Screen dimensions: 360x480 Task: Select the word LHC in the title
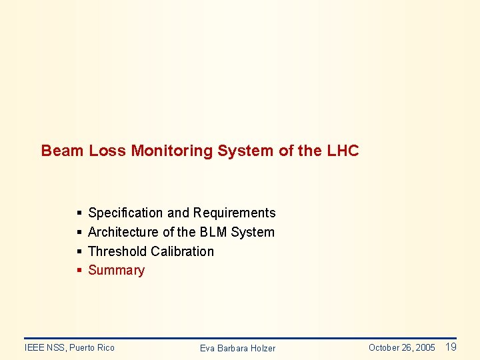(343, 151)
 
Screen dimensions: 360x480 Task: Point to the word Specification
(125, 213)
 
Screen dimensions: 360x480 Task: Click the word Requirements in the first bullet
(234, 213)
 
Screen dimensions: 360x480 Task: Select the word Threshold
(117, 251)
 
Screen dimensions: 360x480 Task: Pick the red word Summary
(116, 270)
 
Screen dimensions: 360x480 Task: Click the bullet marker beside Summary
(79, 270)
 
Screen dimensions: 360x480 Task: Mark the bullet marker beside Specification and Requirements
(79, 213)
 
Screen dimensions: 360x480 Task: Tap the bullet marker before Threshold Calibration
(79, 251)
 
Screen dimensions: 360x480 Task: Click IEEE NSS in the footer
(44, 347)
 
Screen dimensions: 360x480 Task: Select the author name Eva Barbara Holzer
(237, 348)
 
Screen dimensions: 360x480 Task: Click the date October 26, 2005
(401, 347)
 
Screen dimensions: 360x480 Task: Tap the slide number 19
(451, 347)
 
